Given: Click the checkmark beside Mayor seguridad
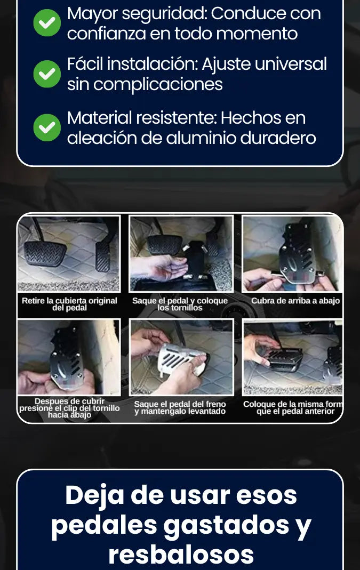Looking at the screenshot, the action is pyautogui.click(x=47, y=22).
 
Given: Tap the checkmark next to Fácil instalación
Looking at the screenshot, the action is pyautogui.click(x=47, y=74).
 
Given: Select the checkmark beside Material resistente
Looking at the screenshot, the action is pyautogui.click(x=47, y=127).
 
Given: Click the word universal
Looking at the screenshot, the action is pyautogui.click(x=290, y=64).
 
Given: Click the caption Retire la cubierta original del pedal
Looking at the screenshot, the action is pyautogui.click(x=69, y=304).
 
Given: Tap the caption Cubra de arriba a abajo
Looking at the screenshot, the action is pyautogui.click(x=295, y=301).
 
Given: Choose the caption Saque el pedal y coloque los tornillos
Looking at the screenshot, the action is pyautogui.click(x=180, y=304).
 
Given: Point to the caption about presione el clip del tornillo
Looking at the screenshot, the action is pyautogui.click(x=69, y=408).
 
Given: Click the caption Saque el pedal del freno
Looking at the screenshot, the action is pyautogui.click(x=180, y=407).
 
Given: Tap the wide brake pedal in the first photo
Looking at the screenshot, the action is pyautogui.click(x=45, y=253).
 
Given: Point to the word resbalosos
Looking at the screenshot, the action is pyautogui.click(x=181, y=554).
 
